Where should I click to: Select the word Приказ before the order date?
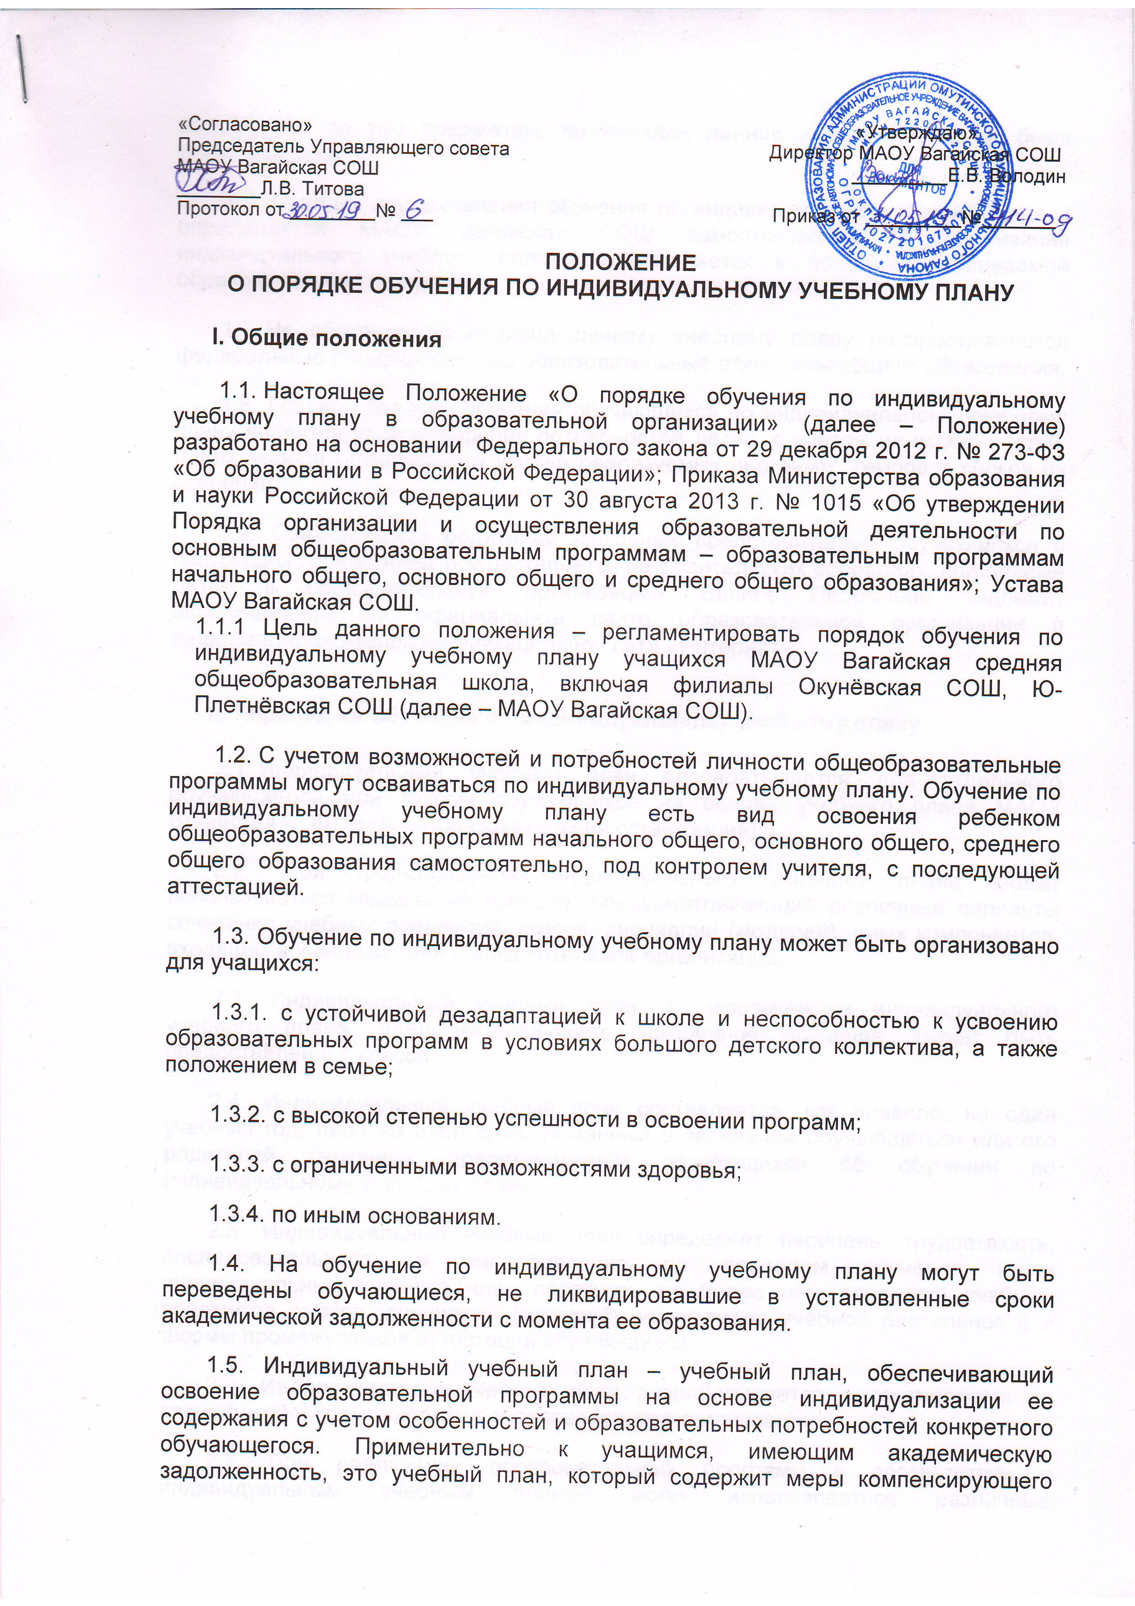point(805,217)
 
